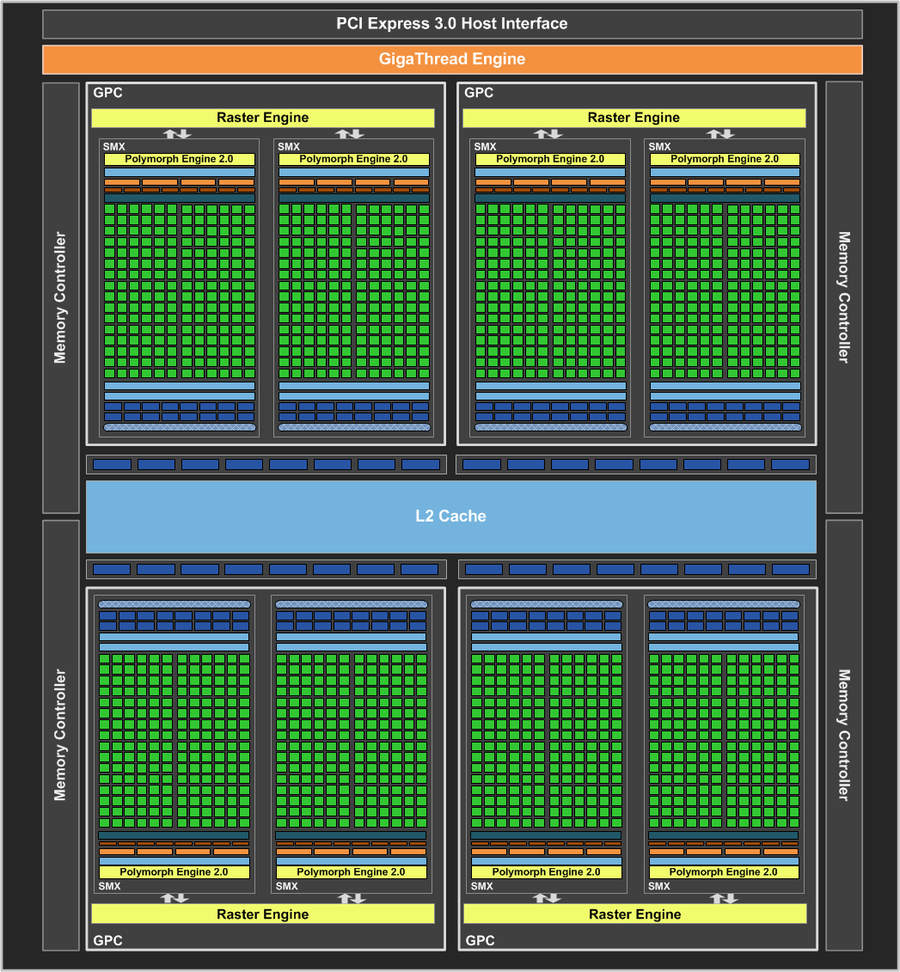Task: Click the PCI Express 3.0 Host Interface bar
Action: click(451, 24)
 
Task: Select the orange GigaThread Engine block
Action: click(451, 59)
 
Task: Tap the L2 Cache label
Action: click(450, 516)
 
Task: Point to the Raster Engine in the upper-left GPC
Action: click(262, 118)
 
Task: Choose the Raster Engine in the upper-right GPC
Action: click(634, 118)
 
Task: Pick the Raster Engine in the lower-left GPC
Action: click(262, 914)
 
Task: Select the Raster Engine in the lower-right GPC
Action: click(634, 914)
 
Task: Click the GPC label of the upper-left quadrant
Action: click(107, 93)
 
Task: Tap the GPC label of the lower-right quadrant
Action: click(480, 940)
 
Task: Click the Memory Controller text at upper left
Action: click(60, 296)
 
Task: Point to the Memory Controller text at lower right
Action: click(843, 735)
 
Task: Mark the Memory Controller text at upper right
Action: click(843, 296)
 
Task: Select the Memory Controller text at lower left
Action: click(60, 735)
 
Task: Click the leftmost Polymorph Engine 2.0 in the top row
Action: click(180, 159)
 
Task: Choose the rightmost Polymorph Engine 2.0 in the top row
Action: click(725, 159)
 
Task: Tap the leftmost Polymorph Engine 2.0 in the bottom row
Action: click(174, 871)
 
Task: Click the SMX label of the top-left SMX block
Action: click(113, 147)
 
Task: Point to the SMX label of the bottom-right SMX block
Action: click(659, 886)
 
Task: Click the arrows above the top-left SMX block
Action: click(177, 133)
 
